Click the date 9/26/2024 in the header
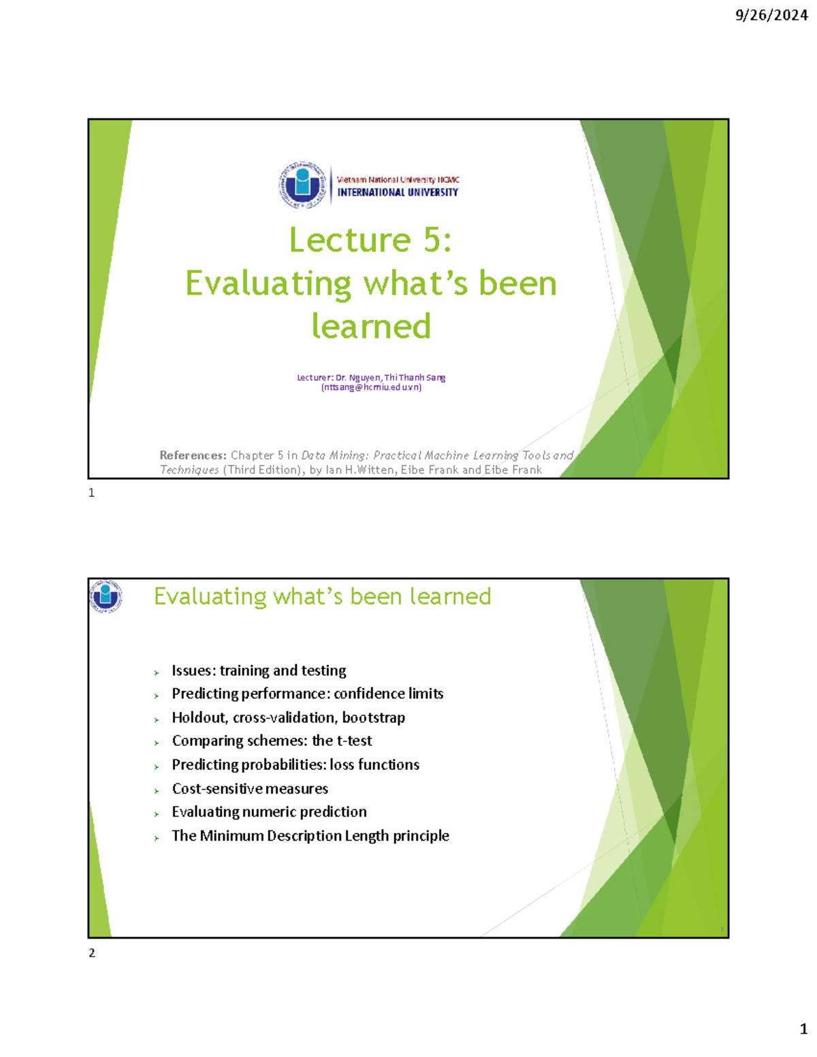771,15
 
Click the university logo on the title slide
302,184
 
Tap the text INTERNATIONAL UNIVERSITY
398,193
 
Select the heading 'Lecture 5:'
370,240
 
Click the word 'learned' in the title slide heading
371,326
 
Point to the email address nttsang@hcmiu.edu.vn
371,387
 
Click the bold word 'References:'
193,455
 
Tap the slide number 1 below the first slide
92,493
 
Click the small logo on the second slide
106,596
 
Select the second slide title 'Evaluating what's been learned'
322,596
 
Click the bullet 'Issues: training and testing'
259,670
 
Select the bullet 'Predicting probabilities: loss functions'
295,764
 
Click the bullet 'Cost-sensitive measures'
250,788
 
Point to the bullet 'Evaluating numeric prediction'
269,811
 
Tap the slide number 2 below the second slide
92,953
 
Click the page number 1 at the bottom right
803,1028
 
